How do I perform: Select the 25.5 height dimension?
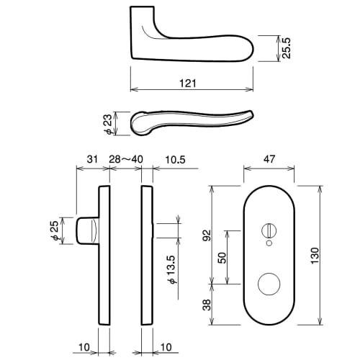(x=287, y=49)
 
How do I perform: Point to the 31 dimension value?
(x=91, y=159)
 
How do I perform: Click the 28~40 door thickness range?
(x=125, y=159)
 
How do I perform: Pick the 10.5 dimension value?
(x=175, y=159)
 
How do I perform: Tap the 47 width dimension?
(x=268, y=159)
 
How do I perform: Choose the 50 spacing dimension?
(x=221, y=256)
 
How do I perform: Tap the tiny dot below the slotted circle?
(x=269, y=246)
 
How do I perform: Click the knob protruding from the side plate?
(x=86, y=231)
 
